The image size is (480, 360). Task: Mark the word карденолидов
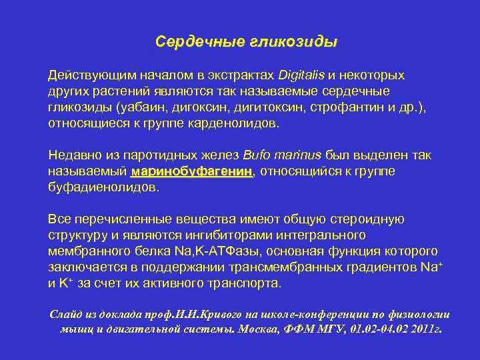(x=239, y=123)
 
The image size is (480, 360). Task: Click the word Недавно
(x=73, y=155)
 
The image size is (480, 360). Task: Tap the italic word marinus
(x=298, y=155)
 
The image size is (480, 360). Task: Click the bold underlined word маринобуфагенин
(x=192, y=172)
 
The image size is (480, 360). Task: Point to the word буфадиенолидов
(x=103, y=187)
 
